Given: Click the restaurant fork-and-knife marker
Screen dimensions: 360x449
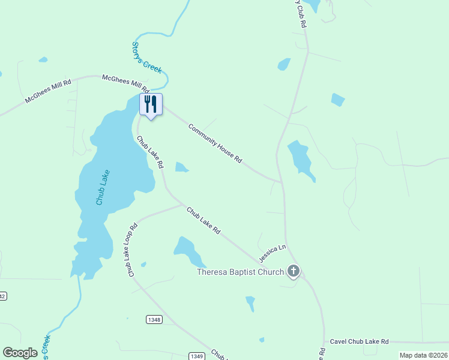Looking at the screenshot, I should (x=151, y=104).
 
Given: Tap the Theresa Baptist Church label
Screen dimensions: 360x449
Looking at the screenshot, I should (x=241, y=272).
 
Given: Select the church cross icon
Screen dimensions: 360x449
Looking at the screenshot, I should (x=293, y=271).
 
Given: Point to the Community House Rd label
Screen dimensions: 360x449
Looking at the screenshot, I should (x=215, y=143).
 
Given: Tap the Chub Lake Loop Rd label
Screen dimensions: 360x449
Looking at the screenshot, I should (x=133, y=250).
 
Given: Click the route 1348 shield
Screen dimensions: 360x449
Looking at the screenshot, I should (x=154, y=320).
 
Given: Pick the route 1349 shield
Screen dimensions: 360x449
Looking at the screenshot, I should (x=196, y=356).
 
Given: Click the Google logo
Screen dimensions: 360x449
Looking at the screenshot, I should (x=20, y=353).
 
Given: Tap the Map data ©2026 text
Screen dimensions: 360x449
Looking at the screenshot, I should (x=423, y=355).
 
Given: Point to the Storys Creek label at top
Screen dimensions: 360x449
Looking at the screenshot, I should (x=147, y=58).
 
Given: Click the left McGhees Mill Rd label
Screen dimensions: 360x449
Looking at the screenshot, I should (x=48, y=91).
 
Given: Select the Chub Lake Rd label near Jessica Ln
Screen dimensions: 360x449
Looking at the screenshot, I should (x=203, y=220).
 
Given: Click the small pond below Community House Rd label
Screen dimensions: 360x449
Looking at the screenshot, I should (x=181, y=167).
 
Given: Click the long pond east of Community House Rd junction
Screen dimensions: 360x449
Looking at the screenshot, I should (x=300, y=159).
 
